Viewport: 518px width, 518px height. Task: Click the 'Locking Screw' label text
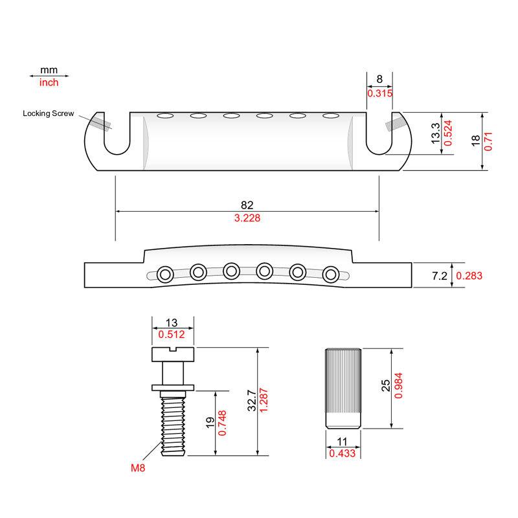click(x=48, y=114)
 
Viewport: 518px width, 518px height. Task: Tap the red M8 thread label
click(x=138, y=467)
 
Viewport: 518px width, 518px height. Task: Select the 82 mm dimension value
click(x=247, y=205)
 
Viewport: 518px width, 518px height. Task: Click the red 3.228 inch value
click(x=247, y=218)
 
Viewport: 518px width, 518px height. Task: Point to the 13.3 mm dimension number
click(x=436, y=133)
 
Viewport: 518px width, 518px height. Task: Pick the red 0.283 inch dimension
click(x=469, y=276)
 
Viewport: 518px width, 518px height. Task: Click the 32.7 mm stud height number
click(x=252, y=400)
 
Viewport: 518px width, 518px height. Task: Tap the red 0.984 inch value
click(x=398, y=385)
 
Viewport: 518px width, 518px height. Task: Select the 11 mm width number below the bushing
click(x=343, y=442)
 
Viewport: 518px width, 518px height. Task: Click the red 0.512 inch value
click(x=172, y=334)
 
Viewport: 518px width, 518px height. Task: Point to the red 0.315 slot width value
click(x=380, y=93)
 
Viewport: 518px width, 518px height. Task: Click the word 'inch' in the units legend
click(x=49, y=83)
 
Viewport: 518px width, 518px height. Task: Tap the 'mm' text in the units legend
click(x=49, y=71)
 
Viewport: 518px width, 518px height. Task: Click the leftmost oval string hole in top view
click(x=165, y=116)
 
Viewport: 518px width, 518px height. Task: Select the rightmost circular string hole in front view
click(x=331, y=275)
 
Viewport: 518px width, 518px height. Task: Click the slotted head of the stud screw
click(x=173, y=354)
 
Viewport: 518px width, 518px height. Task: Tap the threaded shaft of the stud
click(x=173, y=423)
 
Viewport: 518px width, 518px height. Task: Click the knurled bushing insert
click(x=343, y=388)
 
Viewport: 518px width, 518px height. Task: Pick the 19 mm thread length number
click(x=210, y=423)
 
